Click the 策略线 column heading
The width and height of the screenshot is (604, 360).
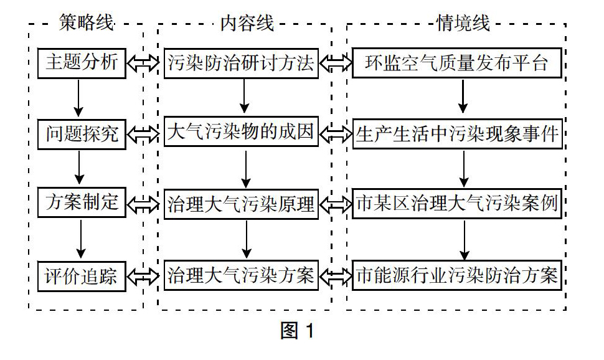pyautogui.click(x=87, y=22)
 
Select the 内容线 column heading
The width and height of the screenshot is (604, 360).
pyautogui.click(x=247, y=23)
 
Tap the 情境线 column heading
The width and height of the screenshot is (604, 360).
pyautogui.click(x=463, y=23)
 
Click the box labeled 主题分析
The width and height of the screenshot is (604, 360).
pyautogui.click(x=82, y=63)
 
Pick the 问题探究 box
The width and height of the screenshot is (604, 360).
pyautogui.click(x=82, y=135)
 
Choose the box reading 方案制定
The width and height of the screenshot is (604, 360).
pyautogui.click(x=82, y=202)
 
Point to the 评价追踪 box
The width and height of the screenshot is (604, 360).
pyautogui.click(x=82, y=276)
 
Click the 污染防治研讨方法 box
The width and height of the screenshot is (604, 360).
pyautogui.click(x=241, y=63)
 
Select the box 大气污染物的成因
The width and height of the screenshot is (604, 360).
pyautogui.click(x=241, y=132)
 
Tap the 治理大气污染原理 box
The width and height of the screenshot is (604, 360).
pyautogui.click(x=241, y=204)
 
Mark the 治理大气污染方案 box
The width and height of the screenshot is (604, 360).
pyautogui.click(x=241, y=275)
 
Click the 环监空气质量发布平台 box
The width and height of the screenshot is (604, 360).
pyautogui.click(x=457, y=63)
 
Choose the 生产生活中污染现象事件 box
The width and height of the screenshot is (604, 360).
pyautogui.click(x=457, y=134)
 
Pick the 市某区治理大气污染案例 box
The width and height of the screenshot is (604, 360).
pyautogui.click(x=457, y=204)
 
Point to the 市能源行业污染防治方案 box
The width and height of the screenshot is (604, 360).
pyautogui.click(x=457, y=275)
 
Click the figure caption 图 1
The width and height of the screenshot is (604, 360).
pyautogui.click(x=298, y=331)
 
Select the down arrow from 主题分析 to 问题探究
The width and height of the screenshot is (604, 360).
pyautogui.click(x=78, y=98)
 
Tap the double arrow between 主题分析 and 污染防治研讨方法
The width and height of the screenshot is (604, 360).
pyautogui.click(x=143, y=63)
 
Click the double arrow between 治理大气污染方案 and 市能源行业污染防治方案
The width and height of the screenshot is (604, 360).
pyautogui.click(x=336, y=275)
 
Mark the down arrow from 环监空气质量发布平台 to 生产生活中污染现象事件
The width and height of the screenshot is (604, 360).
pyautogui.click(x=463, y=97)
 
